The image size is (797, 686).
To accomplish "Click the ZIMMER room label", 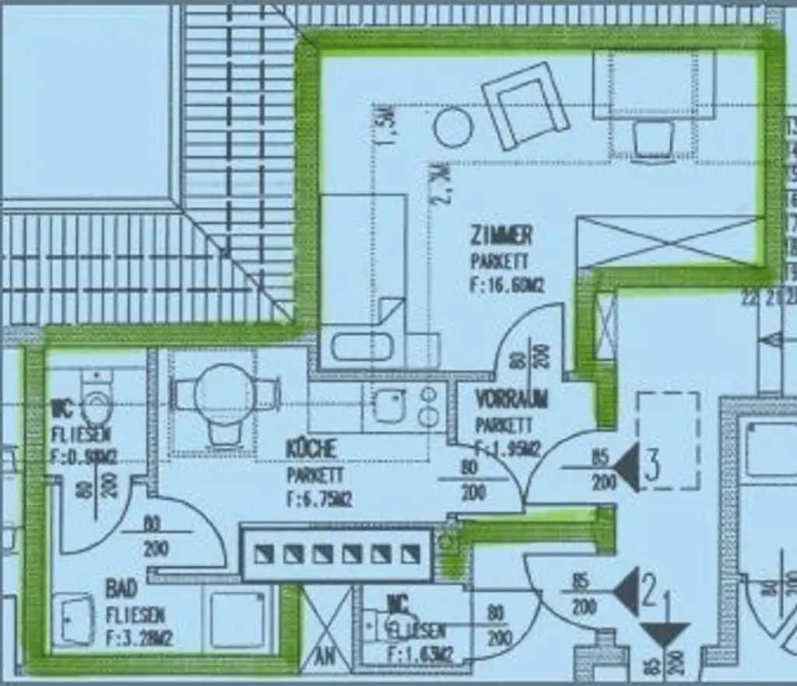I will (x=501, y=235).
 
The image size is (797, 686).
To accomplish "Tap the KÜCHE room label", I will (x=311, y=449).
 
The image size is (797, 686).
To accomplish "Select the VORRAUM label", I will (x=511, y=400).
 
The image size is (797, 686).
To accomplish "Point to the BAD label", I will (x=121, y=588).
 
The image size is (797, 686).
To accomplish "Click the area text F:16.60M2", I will (x=507, y=285).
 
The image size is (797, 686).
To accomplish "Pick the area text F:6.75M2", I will (x=319, y=499).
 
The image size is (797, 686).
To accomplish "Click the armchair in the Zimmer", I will (x=525, y=106).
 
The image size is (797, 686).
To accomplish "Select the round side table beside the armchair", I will (x=453, y=127).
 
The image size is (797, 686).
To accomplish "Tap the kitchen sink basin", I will (x=387, y=405).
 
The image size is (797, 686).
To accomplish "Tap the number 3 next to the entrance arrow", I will (x=652, y=464).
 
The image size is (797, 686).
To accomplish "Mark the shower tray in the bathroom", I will (x=237, y=619).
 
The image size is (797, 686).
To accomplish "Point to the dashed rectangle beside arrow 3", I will (x=668, y=440).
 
